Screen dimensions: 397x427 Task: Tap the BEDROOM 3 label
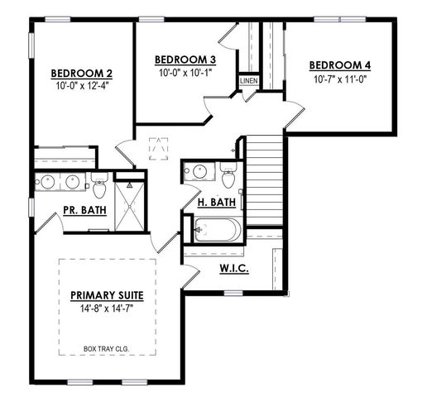tap(185, 60)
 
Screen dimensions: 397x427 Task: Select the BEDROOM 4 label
tap(339, 65)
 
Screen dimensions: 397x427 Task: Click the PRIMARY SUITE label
tap(108, 295)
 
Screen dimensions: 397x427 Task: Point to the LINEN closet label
tap(248, 81)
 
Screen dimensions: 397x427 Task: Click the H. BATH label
tap(217, 202)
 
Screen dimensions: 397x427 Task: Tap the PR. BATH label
tap(84, 210)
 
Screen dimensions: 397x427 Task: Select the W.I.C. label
tap(234, 268)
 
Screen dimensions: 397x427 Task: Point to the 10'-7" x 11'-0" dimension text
tap(339, 80)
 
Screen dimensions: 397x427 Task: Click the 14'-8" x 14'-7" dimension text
tap(108, 309)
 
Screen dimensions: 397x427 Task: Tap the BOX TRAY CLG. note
tap(108, 348)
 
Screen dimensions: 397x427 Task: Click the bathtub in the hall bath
tap(217, 227)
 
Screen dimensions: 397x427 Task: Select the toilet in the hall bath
tap(228, 175)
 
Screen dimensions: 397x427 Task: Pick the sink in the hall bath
tap(199, 172)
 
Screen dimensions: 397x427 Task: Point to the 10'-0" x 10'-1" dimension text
tap(185, 73)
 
